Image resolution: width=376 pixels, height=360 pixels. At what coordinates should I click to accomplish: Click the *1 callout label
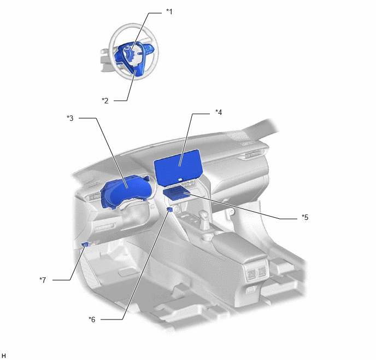169,11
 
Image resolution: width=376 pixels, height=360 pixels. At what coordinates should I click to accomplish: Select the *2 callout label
105,101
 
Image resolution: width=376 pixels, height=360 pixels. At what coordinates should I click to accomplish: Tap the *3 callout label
70,118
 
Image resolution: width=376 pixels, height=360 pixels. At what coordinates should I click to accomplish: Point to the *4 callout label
219,112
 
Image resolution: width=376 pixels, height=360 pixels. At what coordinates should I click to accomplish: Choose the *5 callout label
305,217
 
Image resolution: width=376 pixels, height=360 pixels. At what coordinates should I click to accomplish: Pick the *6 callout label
92,320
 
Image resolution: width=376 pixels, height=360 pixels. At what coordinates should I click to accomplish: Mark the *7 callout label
43,280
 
